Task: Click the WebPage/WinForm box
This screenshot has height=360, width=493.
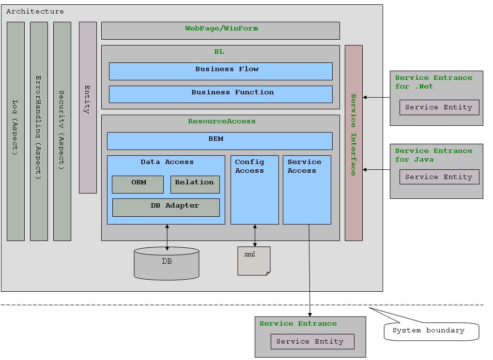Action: click(x=220, y=30)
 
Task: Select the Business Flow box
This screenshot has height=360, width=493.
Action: click(x=220, y=71)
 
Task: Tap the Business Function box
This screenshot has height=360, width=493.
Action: click(x=220, y=94)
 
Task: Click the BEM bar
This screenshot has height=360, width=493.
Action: click(x=219, y=141)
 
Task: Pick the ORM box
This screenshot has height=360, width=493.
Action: click(x=138, y=184)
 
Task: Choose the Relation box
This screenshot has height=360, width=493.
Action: click(x=195, y=184)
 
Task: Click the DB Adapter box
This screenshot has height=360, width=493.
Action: click(x=166, y=208)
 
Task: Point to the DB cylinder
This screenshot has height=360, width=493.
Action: click(x=166, y=264)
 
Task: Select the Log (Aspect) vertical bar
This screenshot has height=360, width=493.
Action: click(x=15, y=131)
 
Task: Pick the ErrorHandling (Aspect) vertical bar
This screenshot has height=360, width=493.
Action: click(x=39, y=131)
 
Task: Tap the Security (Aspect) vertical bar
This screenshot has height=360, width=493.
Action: click(x=62, y=131)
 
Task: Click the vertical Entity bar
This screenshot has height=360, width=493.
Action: click(x=88, y=107)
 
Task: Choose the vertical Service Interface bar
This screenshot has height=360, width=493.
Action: click(x=354, y=143)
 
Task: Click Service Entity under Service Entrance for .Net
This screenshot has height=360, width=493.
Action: click(x=439, y=107)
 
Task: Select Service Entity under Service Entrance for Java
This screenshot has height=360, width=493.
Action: click(x=439, y=177)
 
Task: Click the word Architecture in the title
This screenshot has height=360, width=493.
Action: click(x=35, y=11)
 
